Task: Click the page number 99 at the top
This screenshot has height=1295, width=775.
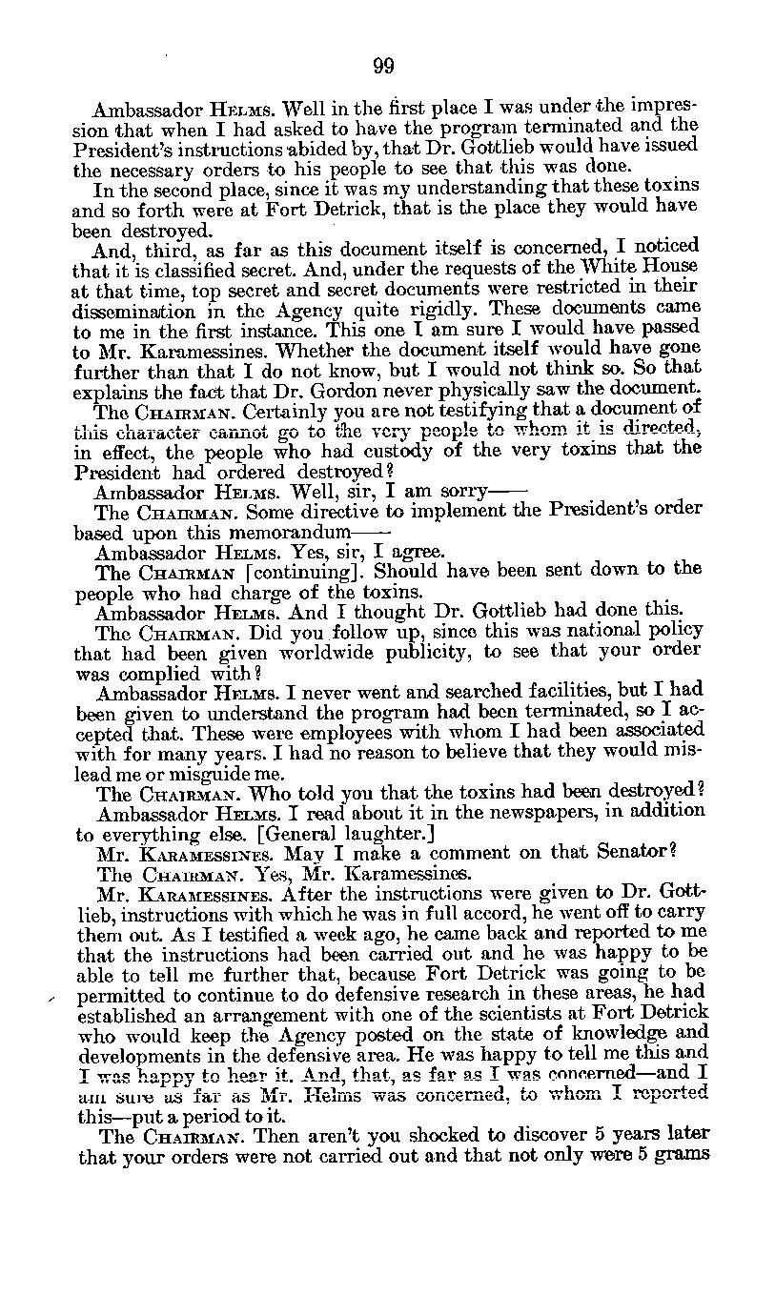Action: point(383,66)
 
